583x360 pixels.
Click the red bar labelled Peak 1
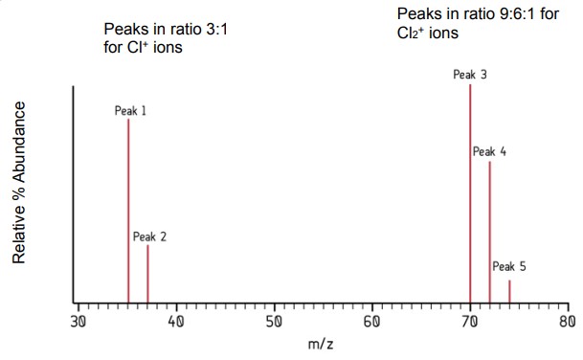[128, 211]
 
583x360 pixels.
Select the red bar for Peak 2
[147, 274]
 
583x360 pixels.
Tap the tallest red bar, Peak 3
[470, 191]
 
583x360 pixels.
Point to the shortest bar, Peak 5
[509, 291]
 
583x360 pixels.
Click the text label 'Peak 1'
[130, 111]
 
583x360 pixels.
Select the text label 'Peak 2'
[150, 236]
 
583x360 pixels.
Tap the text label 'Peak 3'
[471, 74]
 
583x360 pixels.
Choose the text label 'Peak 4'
[489, 151]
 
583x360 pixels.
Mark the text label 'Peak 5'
[509, 267]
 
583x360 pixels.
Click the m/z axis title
[322, 344]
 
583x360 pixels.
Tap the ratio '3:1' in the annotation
[213, 29]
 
